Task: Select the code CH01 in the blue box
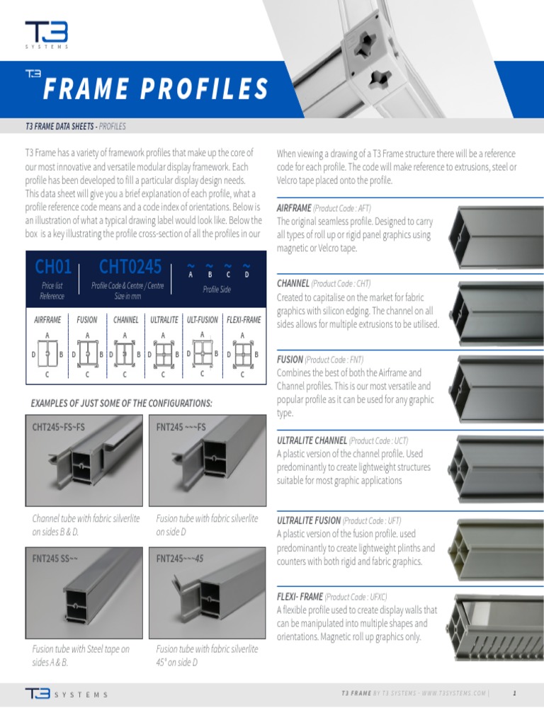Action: pos(53,267)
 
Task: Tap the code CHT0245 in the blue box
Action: pos(130,267)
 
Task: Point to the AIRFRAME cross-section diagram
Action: pos(47,353)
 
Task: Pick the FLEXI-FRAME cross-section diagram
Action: pos(242,353)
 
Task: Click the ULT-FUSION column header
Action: pos(203,320)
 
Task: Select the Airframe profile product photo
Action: pos(493,233)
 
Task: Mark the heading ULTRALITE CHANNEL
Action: pos(311,440)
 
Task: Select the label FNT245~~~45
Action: pos(180,558)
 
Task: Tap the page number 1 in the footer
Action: pos(514,693)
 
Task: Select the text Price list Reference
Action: pos(52,290)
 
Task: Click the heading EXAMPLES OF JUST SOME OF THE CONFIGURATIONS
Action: pos(121,403)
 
